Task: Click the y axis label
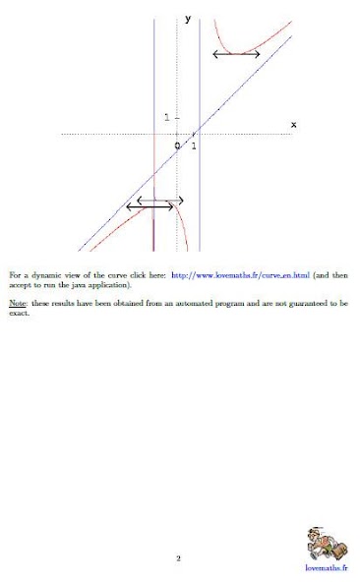188,18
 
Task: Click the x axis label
293,124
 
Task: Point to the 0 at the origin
178,146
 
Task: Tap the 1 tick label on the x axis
194,146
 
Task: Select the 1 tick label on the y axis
167,117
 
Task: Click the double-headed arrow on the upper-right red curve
236,53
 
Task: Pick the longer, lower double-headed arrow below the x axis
150,207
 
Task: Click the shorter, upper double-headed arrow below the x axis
160,201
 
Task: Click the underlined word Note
17,304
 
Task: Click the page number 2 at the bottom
178,558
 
